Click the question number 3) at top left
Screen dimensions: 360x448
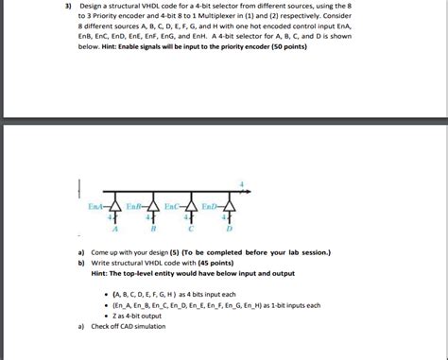[68, 8]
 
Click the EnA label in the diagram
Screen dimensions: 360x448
[96, 205]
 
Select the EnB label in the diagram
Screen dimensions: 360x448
[133, 205]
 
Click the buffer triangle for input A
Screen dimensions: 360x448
[116, 207]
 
